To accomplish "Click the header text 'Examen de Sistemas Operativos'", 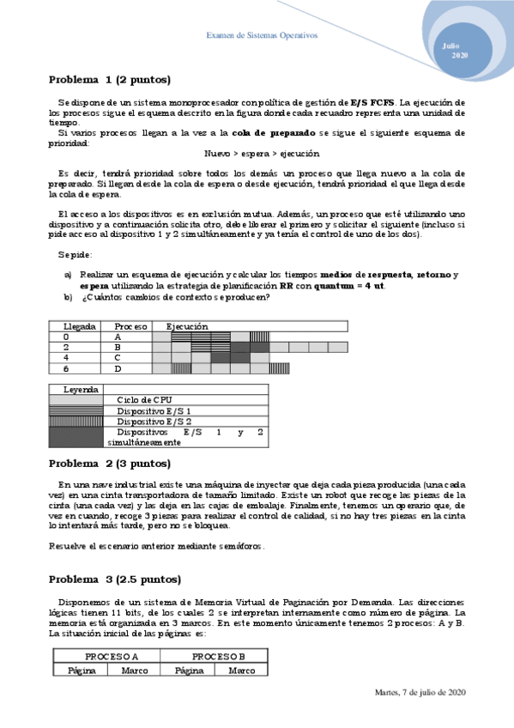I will [x=263, y=35].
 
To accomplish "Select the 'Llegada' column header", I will [x=80, y=326].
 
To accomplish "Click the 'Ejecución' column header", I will [x=187, y=326].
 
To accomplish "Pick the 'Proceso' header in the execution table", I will [x=131, y=326].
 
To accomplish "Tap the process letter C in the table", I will [x=118, y=357].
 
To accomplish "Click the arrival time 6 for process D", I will [x=66, y=368].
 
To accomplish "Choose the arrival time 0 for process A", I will [x=66, y=337].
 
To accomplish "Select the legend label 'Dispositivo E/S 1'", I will [x=154, y=411].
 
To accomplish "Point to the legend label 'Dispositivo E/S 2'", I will [x=154, y=422].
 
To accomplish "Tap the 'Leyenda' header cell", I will [x=81, y=389].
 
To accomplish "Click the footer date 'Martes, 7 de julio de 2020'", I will [x=420, y=692].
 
